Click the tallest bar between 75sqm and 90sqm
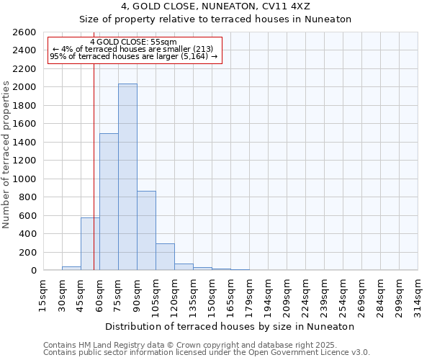coord(127,177)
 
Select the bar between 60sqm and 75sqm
coord(109,202)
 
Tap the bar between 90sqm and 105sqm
coord(146,230)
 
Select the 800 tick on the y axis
coord(27,197)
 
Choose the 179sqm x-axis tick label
coord(248,294)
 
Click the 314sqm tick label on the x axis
coord(417,294)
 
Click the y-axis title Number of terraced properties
coord(6,155)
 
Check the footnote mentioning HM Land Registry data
coord(206,345)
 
